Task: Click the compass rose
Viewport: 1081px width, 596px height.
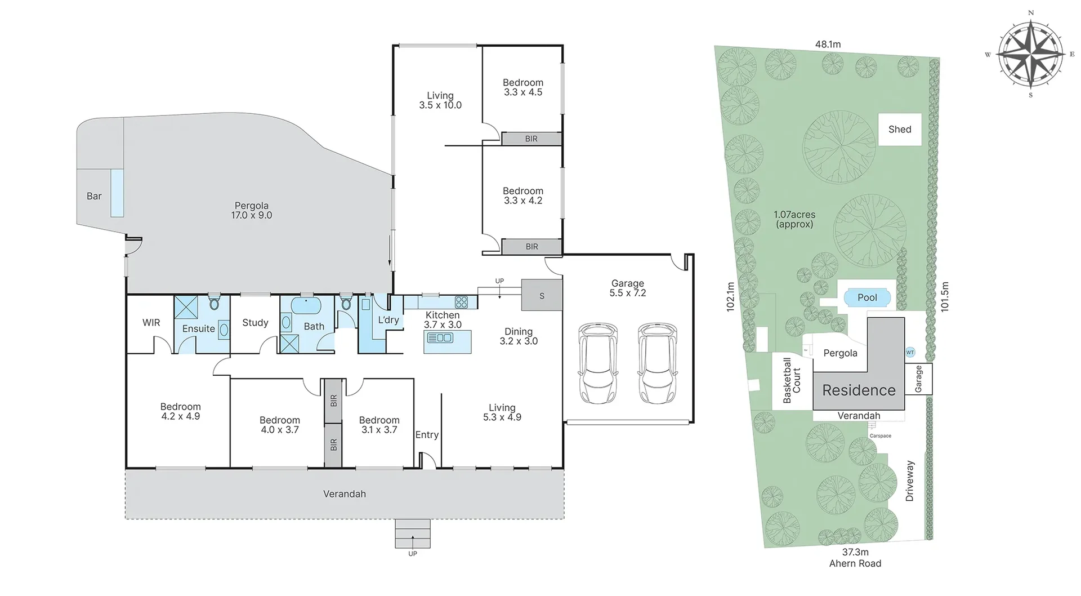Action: pos(1031,54)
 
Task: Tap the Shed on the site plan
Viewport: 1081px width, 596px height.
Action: pos(900,130)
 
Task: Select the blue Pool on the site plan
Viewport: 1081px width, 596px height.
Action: pos(867,297)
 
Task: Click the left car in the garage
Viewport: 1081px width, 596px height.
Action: pos(597,363)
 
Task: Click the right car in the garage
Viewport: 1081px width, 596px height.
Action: pos(657,363)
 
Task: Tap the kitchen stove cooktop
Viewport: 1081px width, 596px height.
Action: pos(461,302)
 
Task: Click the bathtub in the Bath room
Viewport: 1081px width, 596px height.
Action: pos(306,306)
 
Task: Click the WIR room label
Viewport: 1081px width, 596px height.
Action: pos(151,323)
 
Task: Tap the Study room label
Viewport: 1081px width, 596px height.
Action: pos(255,323)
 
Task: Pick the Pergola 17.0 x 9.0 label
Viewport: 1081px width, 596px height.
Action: pos(252,210)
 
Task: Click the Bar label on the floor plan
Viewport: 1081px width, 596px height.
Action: pos(94,196)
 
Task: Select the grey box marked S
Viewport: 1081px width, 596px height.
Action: pos(542,295)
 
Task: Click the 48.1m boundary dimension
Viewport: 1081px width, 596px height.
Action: pos(828,44)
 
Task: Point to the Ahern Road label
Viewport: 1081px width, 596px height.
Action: pos(855,563)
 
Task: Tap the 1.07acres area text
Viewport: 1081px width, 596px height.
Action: pos(794,215)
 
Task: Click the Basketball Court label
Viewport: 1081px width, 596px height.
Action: pos(792,380)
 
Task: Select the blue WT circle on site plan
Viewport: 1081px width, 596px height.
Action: pos(910,352)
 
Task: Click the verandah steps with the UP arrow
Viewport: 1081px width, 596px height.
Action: pos(413,534)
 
